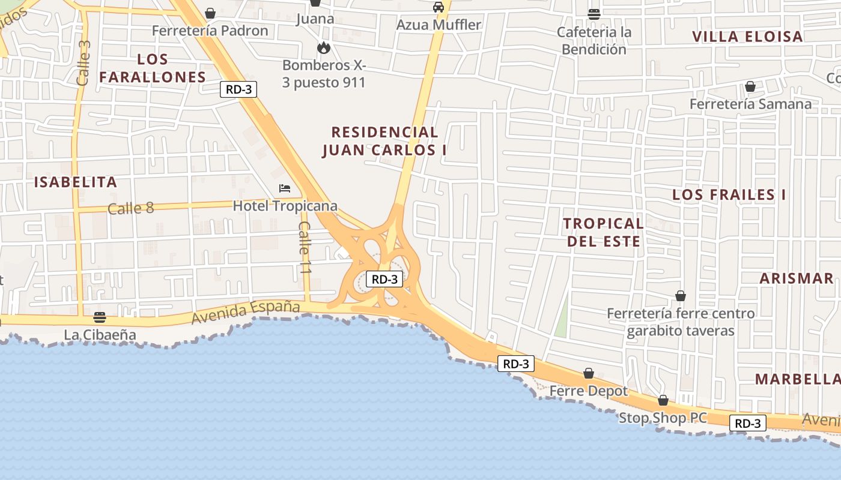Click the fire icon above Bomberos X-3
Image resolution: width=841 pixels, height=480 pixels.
click(324, 47)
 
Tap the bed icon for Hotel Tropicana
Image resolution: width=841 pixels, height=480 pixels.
click(285, 188)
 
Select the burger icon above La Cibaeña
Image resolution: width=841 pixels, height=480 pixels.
click(100, 317)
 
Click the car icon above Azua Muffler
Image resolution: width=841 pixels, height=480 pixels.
click(439, 7)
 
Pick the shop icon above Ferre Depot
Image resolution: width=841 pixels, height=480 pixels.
click(589, 373)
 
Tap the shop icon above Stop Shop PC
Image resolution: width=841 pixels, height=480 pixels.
click(663, 400)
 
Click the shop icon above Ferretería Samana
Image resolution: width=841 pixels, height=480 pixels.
click(750, 86)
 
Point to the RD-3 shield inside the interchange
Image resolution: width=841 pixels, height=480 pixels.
click(384, 279)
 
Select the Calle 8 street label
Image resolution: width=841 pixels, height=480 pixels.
click(131, 208)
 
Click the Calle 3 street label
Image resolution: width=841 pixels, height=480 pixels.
click(83, 62)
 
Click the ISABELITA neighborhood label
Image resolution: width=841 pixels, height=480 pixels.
click(75, 182)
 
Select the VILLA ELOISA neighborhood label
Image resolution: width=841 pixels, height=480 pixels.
click(747, 37)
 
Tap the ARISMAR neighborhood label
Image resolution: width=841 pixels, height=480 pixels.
click(797, 278)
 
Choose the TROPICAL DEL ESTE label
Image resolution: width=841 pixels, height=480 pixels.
click(603, 232)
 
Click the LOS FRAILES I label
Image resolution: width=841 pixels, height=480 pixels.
click(729, 194)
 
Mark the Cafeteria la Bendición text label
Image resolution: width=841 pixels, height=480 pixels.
click(594, 40)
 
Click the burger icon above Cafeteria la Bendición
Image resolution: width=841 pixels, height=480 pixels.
click(594, 14)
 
